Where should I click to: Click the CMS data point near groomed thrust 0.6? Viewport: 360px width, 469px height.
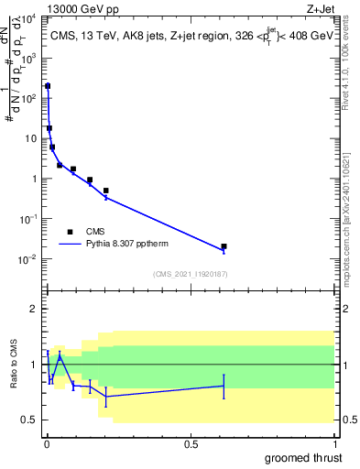(224, 246)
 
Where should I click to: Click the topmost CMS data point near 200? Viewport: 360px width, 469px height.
(48, 86)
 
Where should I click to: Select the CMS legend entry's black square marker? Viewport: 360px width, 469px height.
(70, 232)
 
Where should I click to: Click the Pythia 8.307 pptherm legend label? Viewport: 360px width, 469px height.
(128, 245)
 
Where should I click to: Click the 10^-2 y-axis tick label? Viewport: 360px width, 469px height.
(28, 259)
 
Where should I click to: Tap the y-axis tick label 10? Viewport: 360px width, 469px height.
(30, 138)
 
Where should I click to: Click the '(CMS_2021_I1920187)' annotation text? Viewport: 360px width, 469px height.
(191, 274)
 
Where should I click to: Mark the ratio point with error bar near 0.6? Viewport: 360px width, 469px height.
(224, 386)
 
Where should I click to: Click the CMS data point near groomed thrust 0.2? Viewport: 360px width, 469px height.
(106, 191)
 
